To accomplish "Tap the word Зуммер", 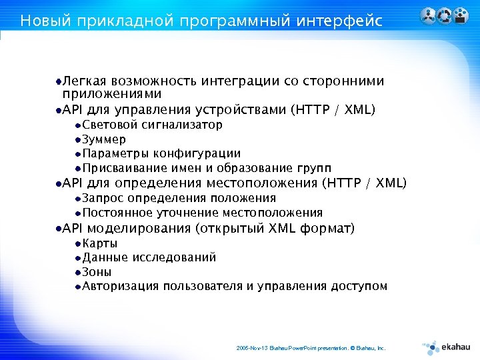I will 104,139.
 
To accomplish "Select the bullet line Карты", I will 100,243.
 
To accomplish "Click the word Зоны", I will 97,272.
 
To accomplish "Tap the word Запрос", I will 103,198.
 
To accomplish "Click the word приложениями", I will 107,94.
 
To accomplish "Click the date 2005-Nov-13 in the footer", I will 251,348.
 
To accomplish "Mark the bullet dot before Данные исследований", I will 78,258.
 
